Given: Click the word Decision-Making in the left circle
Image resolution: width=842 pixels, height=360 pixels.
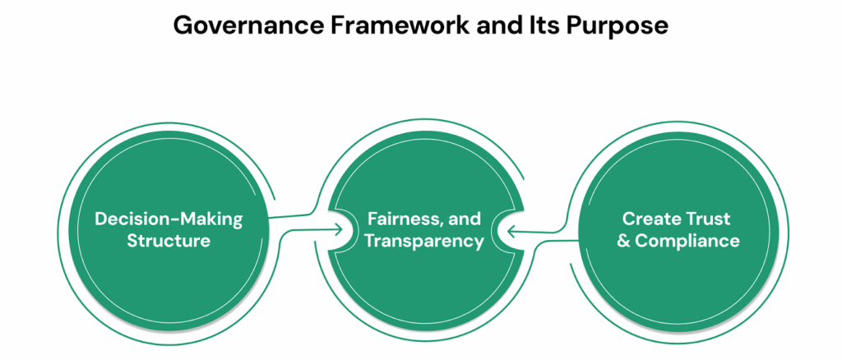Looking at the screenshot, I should coord(169,219).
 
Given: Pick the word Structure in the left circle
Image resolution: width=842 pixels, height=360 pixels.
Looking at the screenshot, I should coord(169,241).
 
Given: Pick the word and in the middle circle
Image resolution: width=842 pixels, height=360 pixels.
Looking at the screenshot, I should coord(465,219).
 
